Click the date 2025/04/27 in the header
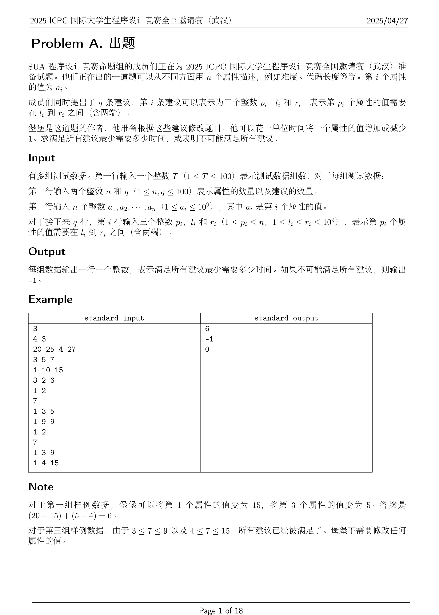tap(387, 21)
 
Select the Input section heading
tap(42, 158)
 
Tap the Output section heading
tap(47, 252)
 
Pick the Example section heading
tap(50, 299)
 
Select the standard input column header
tap(114, 318)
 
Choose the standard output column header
tap(286, 318)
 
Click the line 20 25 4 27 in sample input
tap(54, 349)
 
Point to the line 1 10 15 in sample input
tap(48, 370)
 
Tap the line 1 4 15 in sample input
tap(46, 463)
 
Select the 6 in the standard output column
tap(207, 329)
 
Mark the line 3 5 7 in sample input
tap(44, 360)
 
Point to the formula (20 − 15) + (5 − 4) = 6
tap(70, 516)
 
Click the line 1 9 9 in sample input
tap(44, 422)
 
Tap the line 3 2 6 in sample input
tap(44, 381)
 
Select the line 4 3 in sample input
tap(39, 339)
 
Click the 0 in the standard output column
tap(207, 349)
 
